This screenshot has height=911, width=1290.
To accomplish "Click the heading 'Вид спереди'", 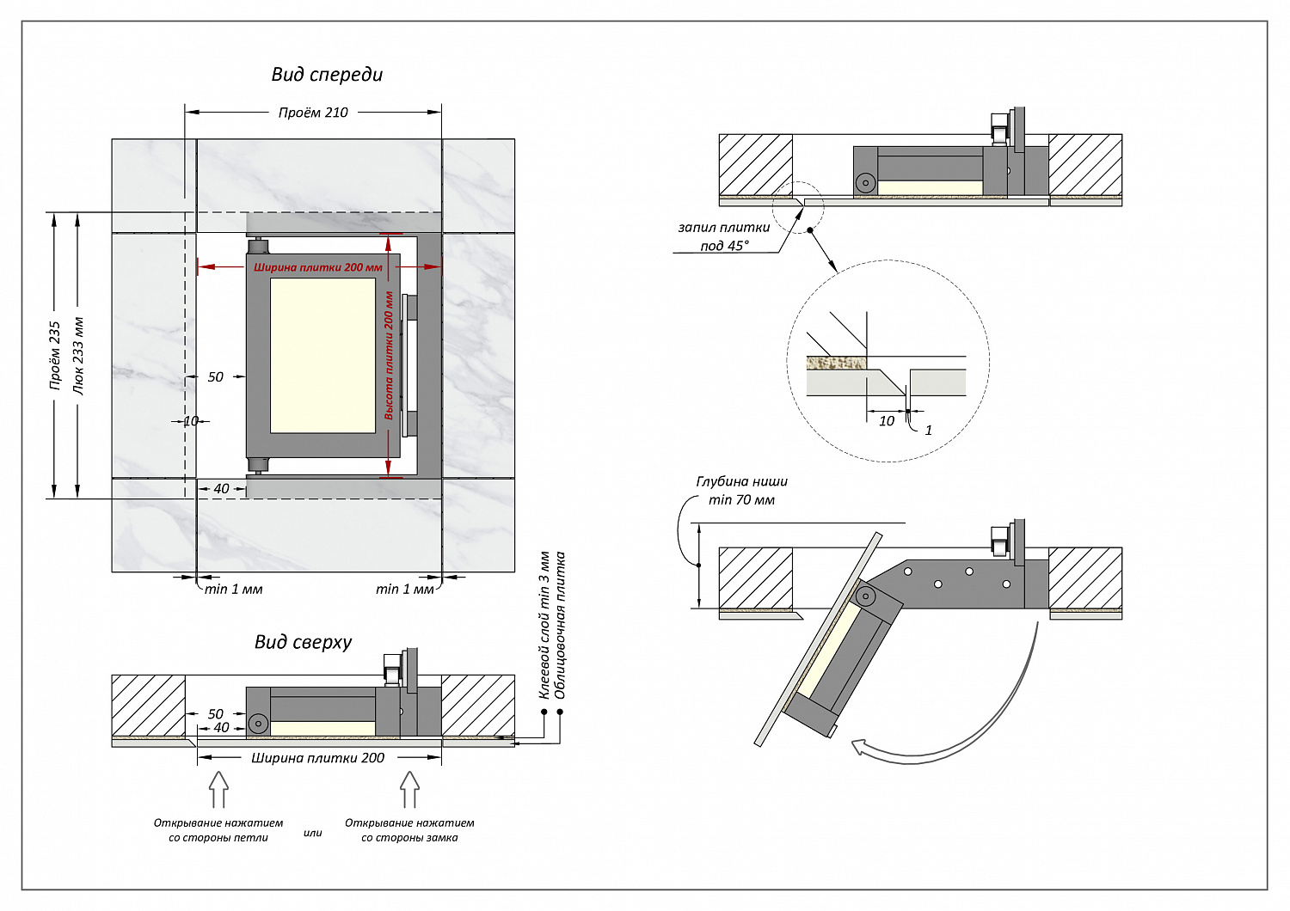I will [x=327, y=75].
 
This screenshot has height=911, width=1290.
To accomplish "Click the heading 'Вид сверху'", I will [x=303, y=642].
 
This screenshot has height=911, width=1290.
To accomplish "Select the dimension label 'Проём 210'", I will [x=313, y=113].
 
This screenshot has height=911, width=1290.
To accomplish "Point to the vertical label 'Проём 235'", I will [x=55, y=356].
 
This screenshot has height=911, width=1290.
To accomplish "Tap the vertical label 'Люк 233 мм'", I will [x=78, y=356].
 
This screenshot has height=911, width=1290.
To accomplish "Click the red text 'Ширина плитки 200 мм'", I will [x=318, y=267].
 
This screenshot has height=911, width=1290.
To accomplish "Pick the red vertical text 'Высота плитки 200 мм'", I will [x=389, y=355].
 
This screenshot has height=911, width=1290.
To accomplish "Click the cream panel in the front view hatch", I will [x=322, y=355].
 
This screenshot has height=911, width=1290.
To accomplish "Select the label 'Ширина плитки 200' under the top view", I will [x=317, y=758].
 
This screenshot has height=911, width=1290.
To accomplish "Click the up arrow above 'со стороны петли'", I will [x=218, y=788].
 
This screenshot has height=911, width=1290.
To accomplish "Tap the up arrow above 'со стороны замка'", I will [x=409, y=788].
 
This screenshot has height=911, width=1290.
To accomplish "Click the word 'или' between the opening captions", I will [x=313, y=833].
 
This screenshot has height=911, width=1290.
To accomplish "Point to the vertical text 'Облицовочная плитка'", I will [x=561, y=625].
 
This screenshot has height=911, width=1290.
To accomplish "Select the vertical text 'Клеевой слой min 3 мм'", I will [x=544, y=625].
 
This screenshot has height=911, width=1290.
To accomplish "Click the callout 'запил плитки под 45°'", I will [x=724, y=236].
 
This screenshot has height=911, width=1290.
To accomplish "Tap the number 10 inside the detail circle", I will [x=887, y=421].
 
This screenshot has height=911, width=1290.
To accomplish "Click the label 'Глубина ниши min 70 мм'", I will [x=741, y=491].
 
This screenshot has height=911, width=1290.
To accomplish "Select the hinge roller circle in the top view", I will [x=258, y=724].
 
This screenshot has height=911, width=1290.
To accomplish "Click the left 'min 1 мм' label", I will [x=233, y=589].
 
